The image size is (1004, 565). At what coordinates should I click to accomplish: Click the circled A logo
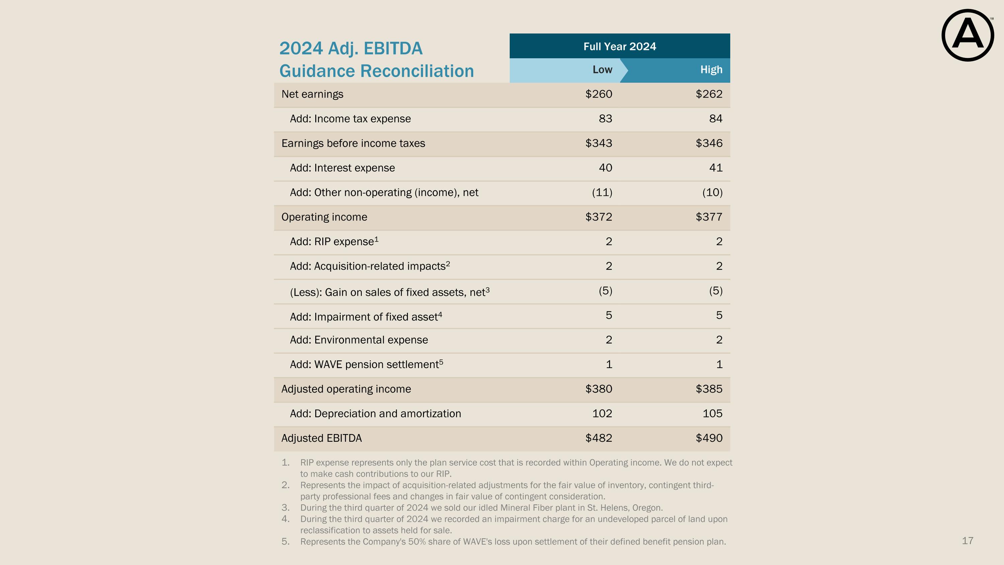[968, 35]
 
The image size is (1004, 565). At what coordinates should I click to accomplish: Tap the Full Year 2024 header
[620, 47]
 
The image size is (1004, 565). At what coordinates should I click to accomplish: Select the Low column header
[602, 69]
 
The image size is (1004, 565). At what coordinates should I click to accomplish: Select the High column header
[711, 69]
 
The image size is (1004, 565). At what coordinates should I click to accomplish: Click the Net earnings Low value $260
[599, 94]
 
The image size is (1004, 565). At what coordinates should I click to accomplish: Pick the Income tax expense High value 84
[716, 119]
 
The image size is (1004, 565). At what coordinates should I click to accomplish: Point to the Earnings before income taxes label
[353, 143]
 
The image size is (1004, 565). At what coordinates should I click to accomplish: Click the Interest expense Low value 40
[605, 168]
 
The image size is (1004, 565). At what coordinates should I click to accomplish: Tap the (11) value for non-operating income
[602, 192]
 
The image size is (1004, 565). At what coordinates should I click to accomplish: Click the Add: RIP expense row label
[334, 241]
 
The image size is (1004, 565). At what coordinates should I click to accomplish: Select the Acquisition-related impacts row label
[370, 266]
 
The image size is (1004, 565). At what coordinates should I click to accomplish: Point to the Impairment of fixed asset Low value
[609, 315]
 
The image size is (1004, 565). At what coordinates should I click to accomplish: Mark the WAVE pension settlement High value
[720, 364]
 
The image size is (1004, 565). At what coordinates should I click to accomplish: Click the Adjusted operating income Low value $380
[599, 389]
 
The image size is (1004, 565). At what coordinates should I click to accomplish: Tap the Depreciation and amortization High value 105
[713, 413]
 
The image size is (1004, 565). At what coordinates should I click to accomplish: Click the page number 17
[968, 541]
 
